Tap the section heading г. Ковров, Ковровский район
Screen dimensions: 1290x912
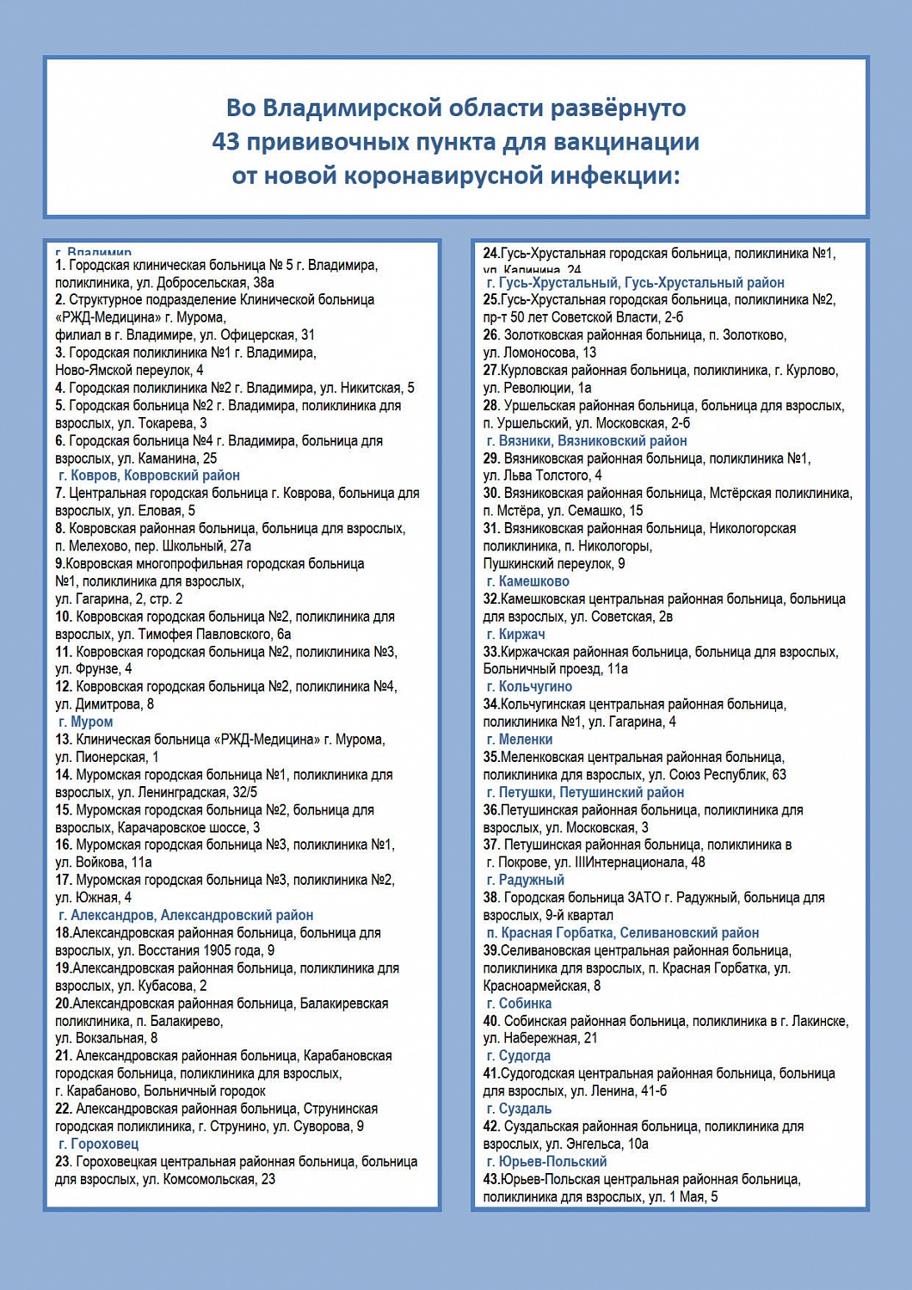tap(149, 476)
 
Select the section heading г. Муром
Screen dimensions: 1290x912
tap(85, 722)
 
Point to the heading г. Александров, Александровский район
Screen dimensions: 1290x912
tap(186, 915)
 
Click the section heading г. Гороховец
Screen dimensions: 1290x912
tap(98, 1144)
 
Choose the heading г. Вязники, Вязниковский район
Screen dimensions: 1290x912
tap(587, 440)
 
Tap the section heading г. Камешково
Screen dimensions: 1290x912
tap(527, 581)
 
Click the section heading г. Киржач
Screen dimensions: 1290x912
tap(515, 634)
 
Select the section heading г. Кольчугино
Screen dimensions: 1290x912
tap(529, 686)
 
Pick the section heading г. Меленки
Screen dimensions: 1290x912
tap(520, 740)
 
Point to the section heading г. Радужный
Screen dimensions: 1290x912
tap(526, 880)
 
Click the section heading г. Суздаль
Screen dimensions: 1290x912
tap(519, 1109)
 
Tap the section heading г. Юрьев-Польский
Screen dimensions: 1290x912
tap(546, 1161)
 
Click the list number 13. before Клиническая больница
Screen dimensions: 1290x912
tap(64, 740)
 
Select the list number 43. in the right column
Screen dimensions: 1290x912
tap(491, 1179)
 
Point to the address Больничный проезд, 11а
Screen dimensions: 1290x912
tap(556, 669)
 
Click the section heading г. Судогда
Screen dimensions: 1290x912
tap(519, 1056)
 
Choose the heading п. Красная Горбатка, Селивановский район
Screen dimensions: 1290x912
tap(623, 933)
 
